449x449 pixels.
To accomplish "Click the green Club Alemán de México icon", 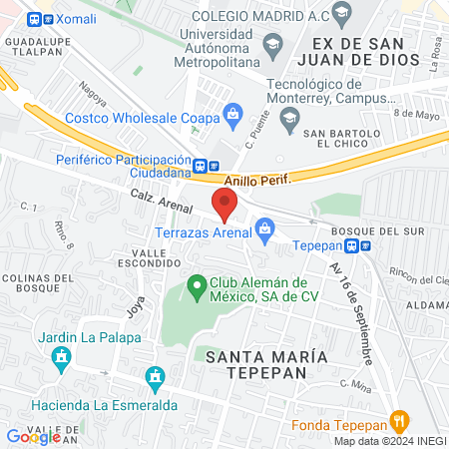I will [198, 287].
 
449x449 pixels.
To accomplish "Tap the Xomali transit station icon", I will [36, 19].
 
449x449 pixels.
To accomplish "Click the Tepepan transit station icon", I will [366, 245].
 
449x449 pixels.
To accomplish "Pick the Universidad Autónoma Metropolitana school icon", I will [273, 46].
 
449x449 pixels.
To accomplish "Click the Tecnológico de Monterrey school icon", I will [289, 116].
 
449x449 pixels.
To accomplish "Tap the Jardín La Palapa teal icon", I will [62, 356].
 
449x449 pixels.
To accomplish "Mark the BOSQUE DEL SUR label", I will [398, 230].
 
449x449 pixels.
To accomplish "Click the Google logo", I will [32, 436].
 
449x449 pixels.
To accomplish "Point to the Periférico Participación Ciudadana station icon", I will [203, 166].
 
